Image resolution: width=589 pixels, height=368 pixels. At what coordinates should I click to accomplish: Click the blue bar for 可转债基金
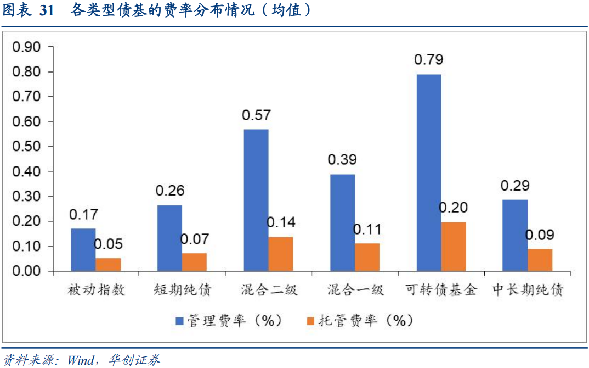tap(428, 172)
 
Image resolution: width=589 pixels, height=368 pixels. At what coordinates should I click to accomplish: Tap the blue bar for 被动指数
tap(83, 250)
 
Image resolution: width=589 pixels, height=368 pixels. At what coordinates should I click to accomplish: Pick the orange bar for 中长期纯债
tap(540, 260)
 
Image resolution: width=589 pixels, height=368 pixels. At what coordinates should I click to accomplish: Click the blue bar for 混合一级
tap(342, 222)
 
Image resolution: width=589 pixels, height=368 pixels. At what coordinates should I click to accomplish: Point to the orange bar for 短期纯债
tap(194, 262)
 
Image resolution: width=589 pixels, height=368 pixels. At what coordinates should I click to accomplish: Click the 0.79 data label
tap(428, 59)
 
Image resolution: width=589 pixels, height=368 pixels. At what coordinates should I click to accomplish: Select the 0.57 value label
tap(256, 115)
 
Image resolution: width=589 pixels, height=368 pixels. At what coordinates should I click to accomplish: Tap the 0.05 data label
tap(108, 244)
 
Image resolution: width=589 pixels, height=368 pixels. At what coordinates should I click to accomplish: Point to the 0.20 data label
tap(453, 208)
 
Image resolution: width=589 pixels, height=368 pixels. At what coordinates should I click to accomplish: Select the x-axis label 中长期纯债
tap(528, 289)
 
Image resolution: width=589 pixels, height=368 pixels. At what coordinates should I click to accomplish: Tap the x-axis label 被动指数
tap(97, 289)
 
